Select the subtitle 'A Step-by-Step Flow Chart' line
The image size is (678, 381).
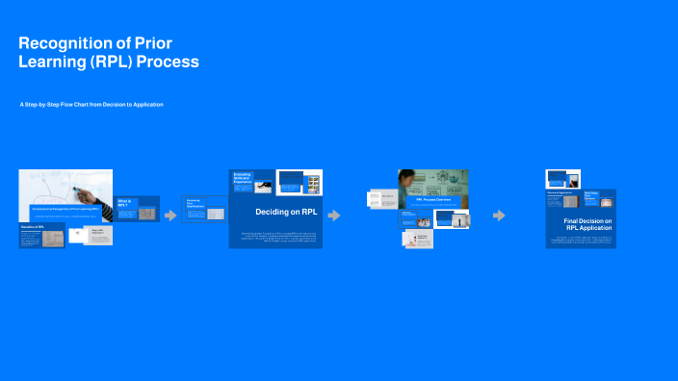point(91,104)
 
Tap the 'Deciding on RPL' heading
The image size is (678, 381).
point(286,212)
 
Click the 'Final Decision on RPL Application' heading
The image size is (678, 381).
point(587,226)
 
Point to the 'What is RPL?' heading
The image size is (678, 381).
point(124,203)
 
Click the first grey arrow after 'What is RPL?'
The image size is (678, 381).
point(171,216)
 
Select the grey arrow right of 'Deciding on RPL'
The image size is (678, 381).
point(334,216)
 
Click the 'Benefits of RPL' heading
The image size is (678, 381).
point(34,228)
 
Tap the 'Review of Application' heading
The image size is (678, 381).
point(561,192)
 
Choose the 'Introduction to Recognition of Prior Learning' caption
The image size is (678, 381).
point(65,207)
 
